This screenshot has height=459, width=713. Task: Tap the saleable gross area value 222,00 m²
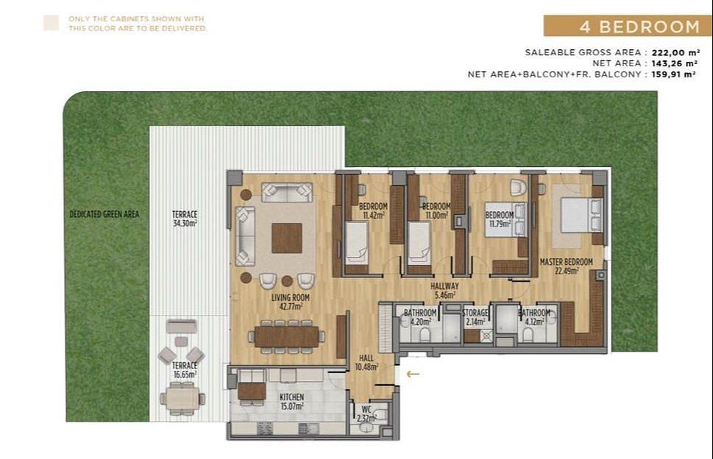pyautogui.click(x=675, y=52)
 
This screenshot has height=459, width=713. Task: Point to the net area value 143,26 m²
pyautogui.click(x=675, y=63)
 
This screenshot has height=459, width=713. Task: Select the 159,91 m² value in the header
pyautogui.click(x=675, y=74)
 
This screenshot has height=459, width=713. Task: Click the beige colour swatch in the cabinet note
pyautogui.click(x=51, y=23)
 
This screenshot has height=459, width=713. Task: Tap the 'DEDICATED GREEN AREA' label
pyautogui.click(x=104, y=215)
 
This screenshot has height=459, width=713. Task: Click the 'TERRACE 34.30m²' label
pyautogui.click(x=184, y=218)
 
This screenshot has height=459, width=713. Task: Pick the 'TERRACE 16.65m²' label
pyautogui.click(x=184, y=369)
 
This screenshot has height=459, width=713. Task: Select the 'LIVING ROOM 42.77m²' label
pyautogui.click(x=290, y=302)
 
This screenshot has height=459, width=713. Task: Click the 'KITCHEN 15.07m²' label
pyautogui.click(x=291, y=401)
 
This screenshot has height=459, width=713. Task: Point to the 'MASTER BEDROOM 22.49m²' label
pyautogui.click(x=566, y=266)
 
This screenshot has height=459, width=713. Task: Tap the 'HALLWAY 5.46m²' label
pyautogui.click(x=445, y=291)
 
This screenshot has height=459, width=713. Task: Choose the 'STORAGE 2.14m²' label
pyautogui.click(x=475, y=317)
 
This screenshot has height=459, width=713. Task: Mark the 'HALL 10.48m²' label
pyautogui.click(x=366, y=362)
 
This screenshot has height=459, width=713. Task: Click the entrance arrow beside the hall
pyautogui.click(x=413, y=374)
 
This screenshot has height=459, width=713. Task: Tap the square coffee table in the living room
pyautogui.click(x=286, y=238)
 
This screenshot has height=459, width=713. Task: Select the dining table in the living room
pyautogui.click(x=286, y=335)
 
